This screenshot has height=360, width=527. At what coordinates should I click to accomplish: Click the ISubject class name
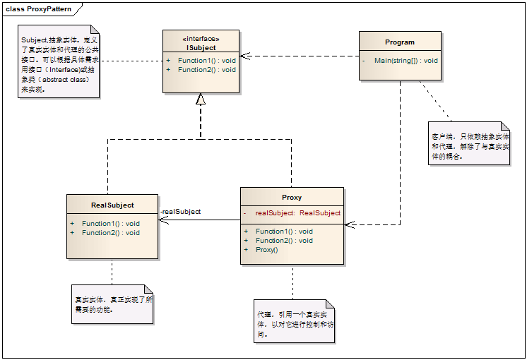(201, 47)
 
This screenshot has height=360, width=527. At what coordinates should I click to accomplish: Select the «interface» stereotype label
(201, 39)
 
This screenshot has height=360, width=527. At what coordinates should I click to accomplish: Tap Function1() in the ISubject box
(206, 61)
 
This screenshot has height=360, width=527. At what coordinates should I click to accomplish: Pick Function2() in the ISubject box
(206, 70)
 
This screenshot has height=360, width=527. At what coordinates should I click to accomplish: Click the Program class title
(400, 42)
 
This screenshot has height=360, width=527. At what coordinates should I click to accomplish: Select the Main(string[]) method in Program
(405, 61)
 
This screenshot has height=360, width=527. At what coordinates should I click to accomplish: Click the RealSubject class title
(112, 205)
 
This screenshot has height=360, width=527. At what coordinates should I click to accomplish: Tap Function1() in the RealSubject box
(110, 224)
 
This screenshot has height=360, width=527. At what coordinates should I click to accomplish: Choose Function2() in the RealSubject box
(110, 232)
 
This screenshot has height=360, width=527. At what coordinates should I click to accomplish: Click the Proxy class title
(292, 198)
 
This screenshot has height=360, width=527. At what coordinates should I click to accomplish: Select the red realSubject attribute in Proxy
(297, 212)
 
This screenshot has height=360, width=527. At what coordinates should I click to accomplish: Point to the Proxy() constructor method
(266, 249)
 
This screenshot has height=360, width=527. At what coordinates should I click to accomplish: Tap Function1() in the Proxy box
(284, 231)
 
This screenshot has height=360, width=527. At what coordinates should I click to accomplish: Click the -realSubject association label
(181, 212)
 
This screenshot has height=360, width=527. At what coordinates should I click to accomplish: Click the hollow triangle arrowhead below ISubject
(201, 100)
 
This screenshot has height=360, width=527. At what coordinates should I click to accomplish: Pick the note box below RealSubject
(112, 304)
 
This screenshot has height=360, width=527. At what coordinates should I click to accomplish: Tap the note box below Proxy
(294, 321)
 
